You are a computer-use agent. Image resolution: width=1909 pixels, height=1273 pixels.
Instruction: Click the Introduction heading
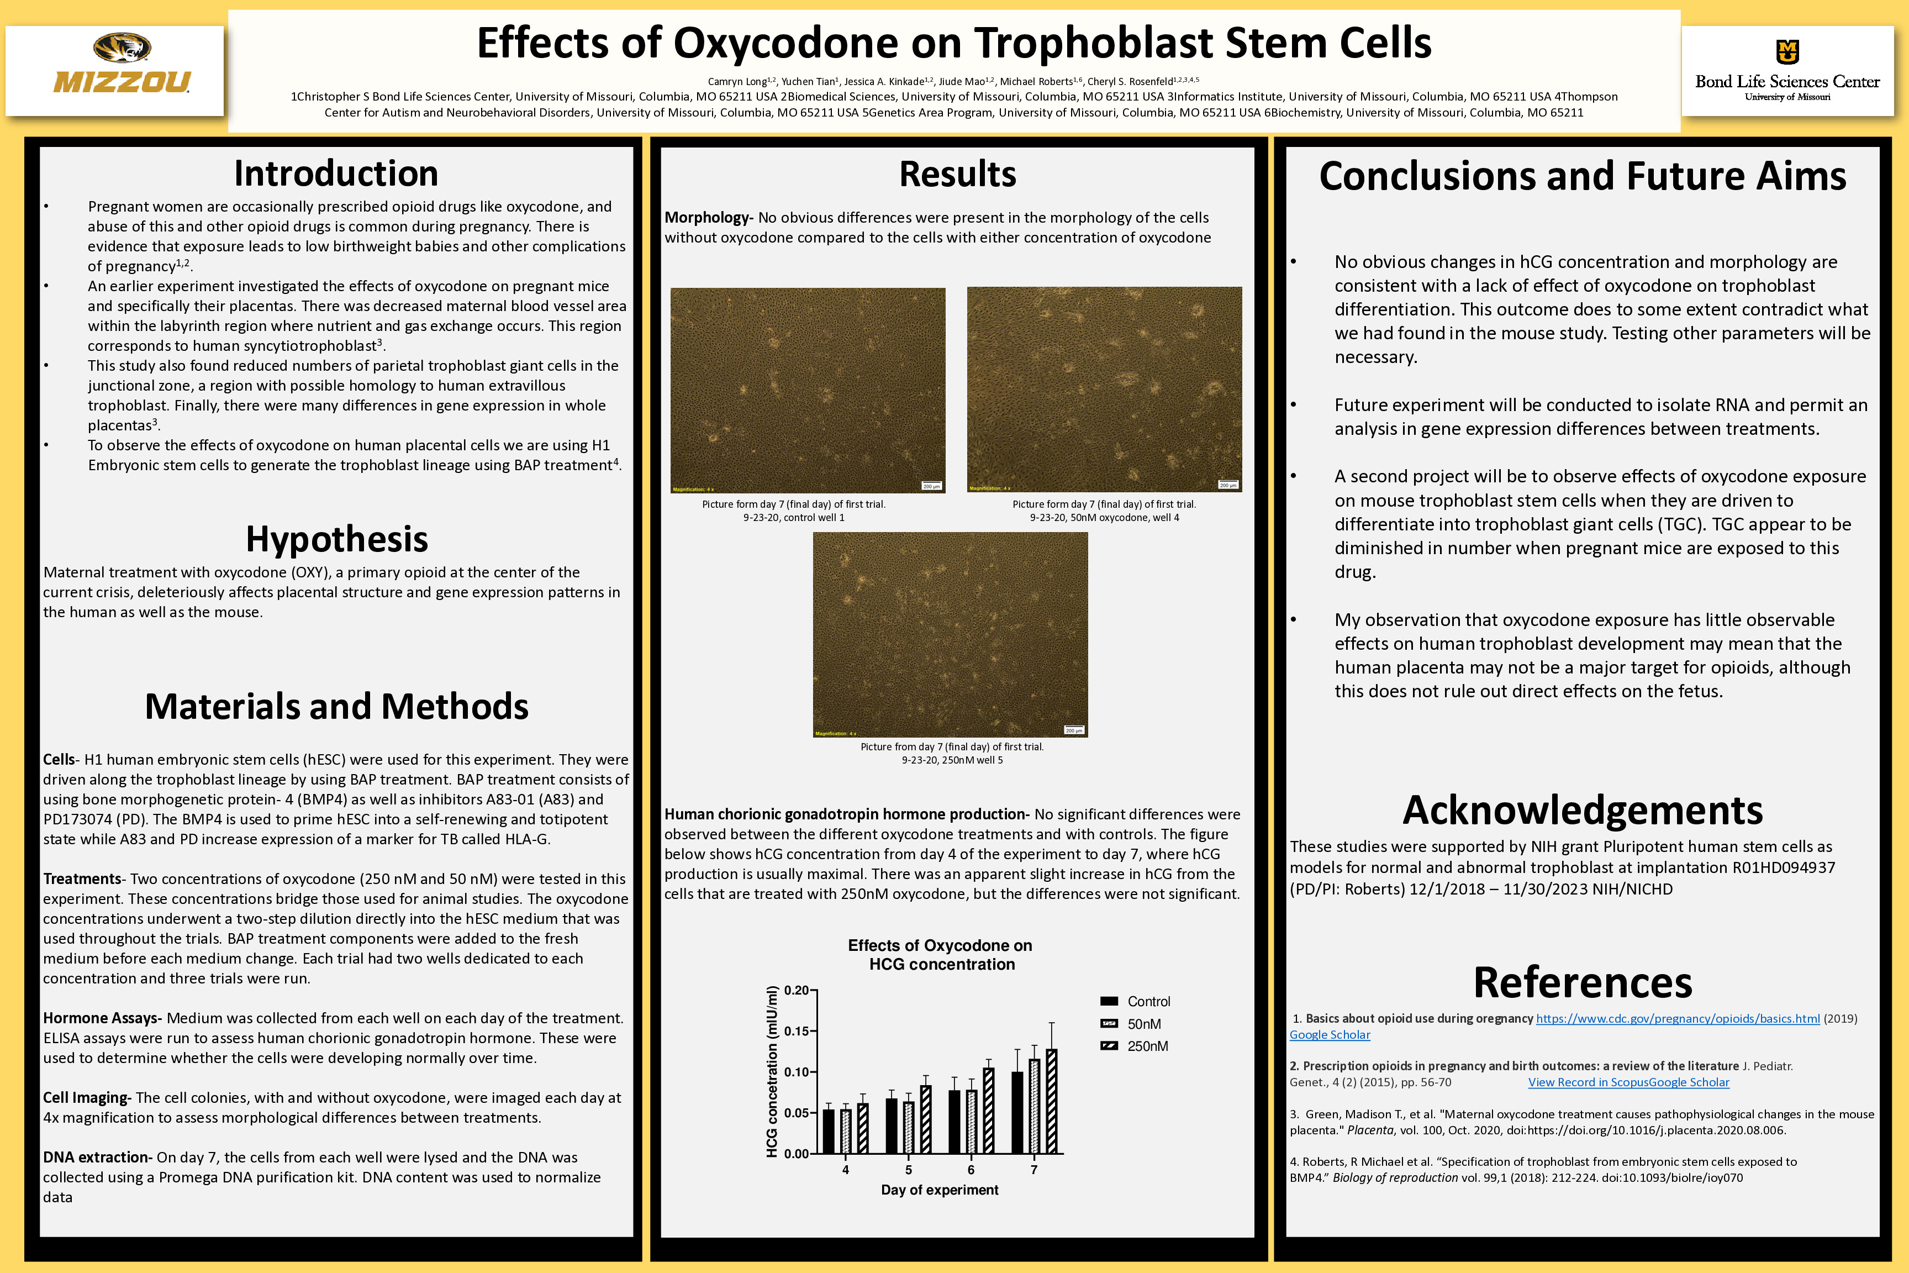(x=336, y=173)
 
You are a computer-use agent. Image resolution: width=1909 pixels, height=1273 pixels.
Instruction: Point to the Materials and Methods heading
(x=336, y=706)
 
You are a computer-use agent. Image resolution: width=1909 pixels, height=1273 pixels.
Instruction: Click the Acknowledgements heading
(x=1582, y=810)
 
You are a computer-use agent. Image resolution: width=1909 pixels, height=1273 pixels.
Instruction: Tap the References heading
(x=1582, y=982)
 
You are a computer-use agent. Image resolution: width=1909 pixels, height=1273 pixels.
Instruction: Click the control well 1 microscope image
(x=808, y=390)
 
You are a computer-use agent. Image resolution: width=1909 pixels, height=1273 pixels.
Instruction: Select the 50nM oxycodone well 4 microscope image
(x=1104, y=389)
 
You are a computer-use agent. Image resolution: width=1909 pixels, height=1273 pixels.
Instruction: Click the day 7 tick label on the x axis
(x=1033, y=1170)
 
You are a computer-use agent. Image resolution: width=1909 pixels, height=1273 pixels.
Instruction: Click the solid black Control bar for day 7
(x=1017, y=1112)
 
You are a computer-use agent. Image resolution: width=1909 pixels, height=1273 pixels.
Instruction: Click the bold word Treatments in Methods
(x=81, y=879)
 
